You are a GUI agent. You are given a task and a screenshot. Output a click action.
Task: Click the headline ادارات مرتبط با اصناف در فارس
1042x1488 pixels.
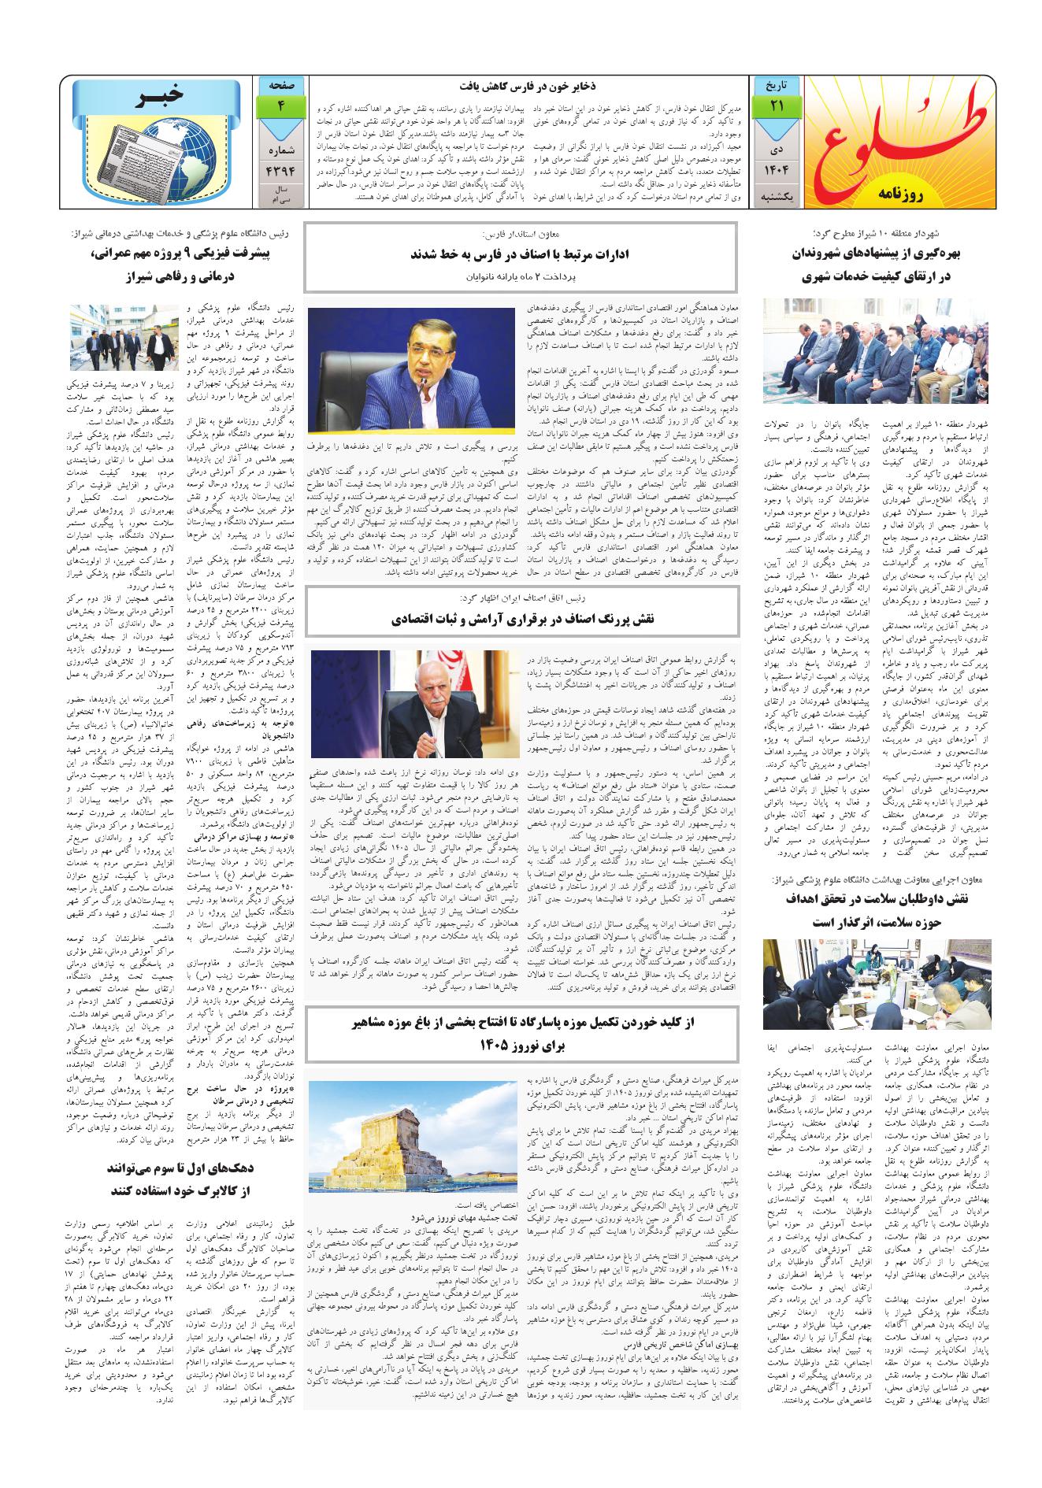[x=521, y=254]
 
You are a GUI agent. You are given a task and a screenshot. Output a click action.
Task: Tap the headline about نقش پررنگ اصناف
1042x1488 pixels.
[x=521, y=620]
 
